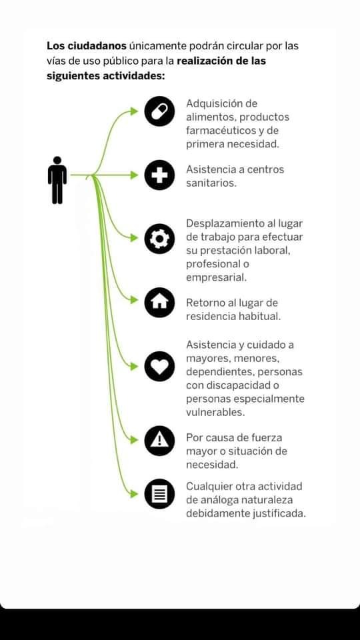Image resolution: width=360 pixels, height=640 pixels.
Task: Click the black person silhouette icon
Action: click(57, 179)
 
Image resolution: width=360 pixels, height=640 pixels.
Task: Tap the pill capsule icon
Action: click(159, 111)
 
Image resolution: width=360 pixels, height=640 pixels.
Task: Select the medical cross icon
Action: click(159, 175)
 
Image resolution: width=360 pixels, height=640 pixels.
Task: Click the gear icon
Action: click(159, 239)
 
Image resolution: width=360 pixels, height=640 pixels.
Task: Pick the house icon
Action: click(159, 303)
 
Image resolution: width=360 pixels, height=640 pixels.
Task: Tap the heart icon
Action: click(159, 366)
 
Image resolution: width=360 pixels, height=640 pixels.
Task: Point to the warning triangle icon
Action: click(159, 441)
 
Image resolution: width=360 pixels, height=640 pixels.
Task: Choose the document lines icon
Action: click(159, 494)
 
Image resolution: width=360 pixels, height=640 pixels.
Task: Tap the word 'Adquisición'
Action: click(221, 104)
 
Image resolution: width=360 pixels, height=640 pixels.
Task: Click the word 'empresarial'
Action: click(215, 279)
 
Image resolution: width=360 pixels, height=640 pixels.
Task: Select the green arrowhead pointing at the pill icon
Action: click(134, 111)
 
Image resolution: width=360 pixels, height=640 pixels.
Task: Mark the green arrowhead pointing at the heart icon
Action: click(134, 367)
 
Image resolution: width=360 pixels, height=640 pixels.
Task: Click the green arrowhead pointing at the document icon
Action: click(134, 494)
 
